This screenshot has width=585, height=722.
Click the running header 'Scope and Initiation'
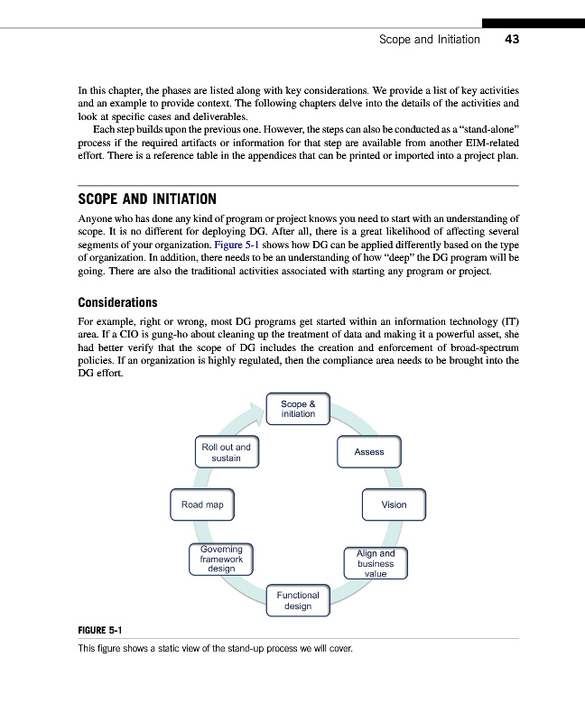[x=429, y=40]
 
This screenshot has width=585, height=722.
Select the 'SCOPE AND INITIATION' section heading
[x=147, y=199]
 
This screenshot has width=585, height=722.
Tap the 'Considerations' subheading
[x=117, y=302]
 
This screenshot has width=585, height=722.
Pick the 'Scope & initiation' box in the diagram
[x=298, y=408]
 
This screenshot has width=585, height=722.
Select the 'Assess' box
[x=369, y=452]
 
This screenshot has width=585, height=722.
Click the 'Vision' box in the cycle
[x=394, y=504]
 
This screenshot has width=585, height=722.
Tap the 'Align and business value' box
[x=376, y=563]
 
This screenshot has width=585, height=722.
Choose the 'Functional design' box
[x=298, y=600]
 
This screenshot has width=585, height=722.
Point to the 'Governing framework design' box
[x=221, y=559]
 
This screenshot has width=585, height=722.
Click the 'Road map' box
[x=202, y=504]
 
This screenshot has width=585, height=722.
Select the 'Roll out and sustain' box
[x=226, y=452]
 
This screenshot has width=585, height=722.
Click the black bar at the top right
[x=533, y=23]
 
